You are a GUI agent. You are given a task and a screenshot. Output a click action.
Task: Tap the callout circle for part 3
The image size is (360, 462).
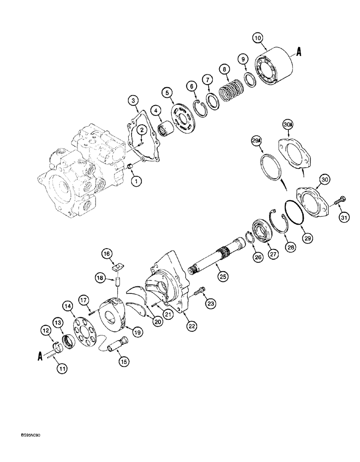click(133, 100)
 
